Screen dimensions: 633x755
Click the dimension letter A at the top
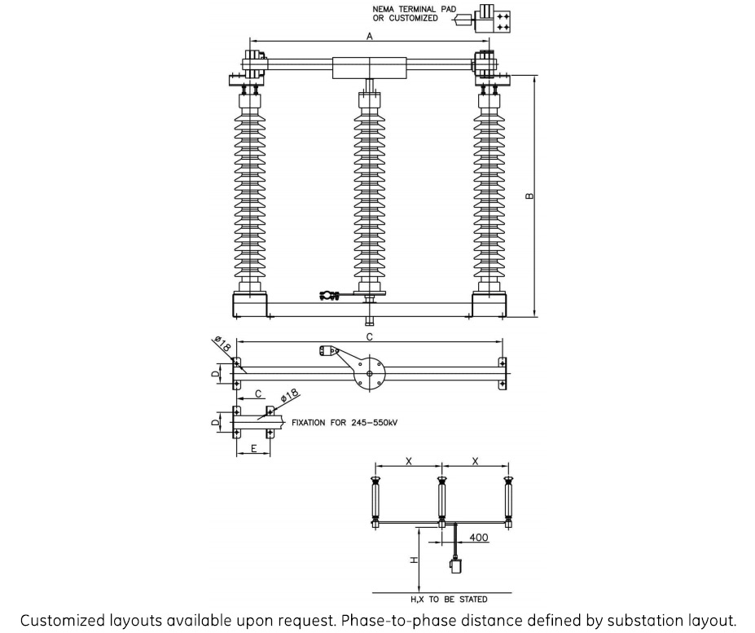click(x=369, y=37)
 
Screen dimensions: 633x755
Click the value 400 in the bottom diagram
click(x=478, y=538)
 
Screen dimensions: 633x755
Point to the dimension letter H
click(x=413, y=560)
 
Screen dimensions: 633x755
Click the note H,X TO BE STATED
click(x=455, y=599)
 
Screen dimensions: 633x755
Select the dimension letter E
click(x=254, y=449)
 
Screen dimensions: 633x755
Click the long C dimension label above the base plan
click(x=369, y=336)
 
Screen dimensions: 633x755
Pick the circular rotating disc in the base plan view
click(x=370, y=374)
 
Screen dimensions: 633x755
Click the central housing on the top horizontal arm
click(x=370, y=67)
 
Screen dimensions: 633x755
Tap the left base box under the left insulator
click(x=250, y=306)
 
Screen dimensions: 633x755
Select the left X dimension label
click(x=409, y=462)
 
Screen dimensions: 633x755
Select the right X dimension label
click(x=476, y=462)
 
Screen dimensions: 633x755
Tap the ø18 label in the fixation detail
click(x=289, y=397)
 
